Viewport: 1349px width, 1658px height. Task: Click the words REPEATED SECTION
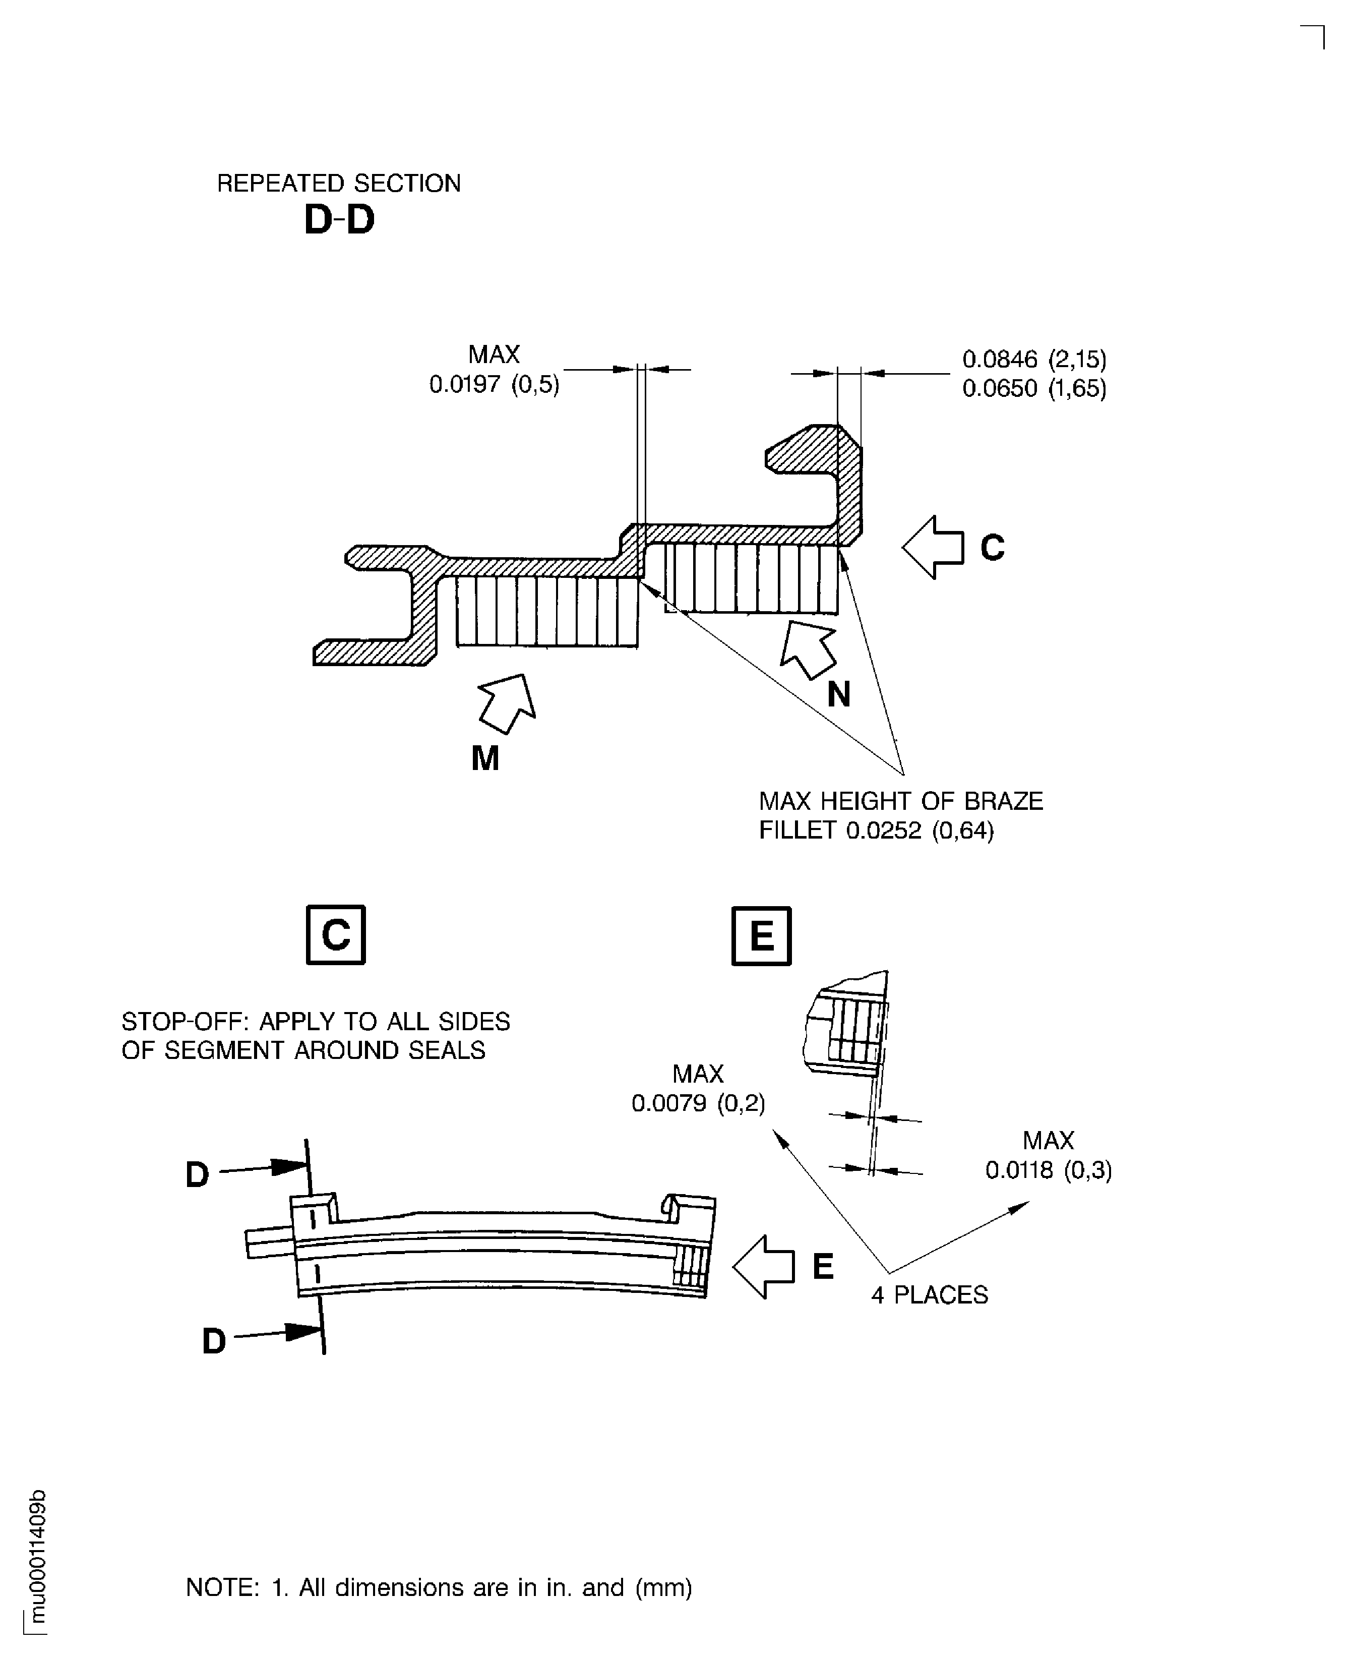point(338,184)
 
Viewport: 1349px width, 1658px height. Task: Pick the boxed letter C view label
point(336,934)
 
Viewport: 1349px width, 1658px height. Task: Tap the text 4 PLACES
point(930,1295)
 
